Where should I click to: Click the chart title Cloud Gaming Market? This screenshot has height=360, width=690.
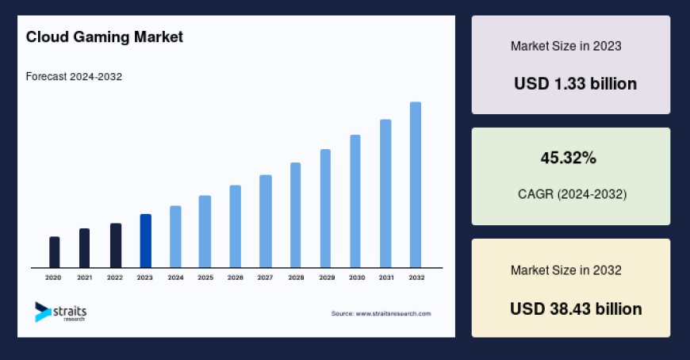105,36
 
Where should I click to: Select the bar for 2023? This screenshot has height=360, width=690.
145,240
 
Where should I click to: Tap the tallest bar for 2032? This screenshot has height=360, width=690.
416,184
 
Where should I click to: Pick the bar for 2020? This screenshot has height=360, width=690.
55,251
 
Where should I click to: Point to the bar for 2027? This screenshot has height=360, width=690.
266,220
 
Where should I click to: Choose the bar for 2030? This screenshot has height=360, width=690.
355,201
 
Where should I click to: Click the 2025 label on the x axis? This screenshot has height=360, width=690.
205,278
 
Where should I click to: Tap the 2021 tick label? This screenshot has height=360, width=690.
84,278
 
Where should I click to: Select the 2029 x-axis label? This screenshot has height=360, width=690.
326,278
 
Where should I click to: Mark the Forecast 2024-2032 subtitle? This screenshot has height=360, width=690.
74,77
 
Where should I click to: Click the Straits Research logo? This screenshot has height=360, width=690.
60,312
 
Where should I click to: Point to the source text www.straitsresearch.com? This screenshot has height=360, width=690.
381,313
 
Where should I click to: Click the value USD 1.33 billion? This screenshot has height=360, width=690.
575,83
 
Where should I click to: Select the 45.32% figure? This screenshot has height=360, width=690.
569,158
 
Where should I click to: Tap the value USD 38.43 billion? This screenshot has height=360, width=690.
576,308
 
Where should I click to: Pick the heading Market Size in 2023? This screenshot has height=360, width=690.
565,46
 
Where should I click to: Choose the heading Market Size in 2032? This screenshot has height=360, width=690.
565,270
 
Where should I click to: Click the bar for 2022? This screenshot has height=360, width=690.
115,245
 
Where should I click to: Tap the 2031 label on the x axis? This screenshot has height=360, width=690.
386,278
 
